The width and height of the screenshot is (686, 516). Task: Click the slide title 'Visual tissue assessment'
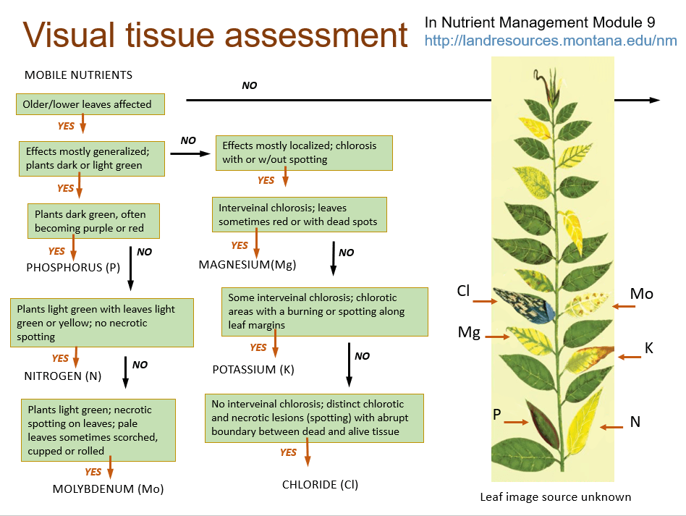pyautogui.click(x=215, y=35)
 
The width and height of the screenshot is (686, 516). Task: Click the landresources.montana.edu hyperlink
pyautogui.click(x=550, y=41)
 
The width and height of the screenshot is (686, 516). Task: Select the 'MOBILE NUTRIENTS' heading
pyautogui.click(x=78, y=75)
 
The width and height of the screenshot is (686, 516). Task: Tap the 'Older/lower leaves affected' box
pyautogui.click(x=90, y=104)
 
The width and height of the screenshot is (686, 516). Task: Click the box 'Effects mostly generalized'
pyautogui.click(x=91, y=158)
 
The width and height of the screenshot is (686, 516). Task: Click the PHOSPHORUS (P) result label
pyautogui.click(x=73, y=267)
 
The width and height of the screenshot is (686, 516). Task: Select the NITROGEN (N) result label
pyautogui.click(x=63, y=376)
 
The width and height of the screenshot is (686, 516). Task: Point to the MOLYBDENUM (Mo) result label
pyautogui.click(x=109, y=488)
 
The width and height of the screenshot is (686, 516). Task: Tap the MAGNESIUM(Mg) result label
pyautogui.click(x=247, y=264)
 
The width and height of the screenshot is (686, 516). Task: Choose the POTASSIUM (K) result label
pyautogui.click(x=254, y=369)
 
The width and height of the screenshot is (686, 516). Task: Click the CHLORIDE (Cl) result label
pyautogui.click(x=320, y=484)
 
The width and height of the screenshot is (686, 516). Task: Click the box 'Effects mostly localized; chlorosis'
pyautogui.click(x=304, y=153)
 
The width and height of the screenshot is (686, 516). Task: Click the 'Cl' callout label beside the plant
pyautogui.click(x=463, y=291)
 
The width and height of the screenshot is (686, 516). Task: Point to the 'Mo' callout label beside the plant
pyautogui.click(x=641, y=293)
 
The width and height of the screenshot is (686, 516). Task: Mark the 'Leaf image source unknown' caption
pyautogui.click(x=555, y=496)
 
